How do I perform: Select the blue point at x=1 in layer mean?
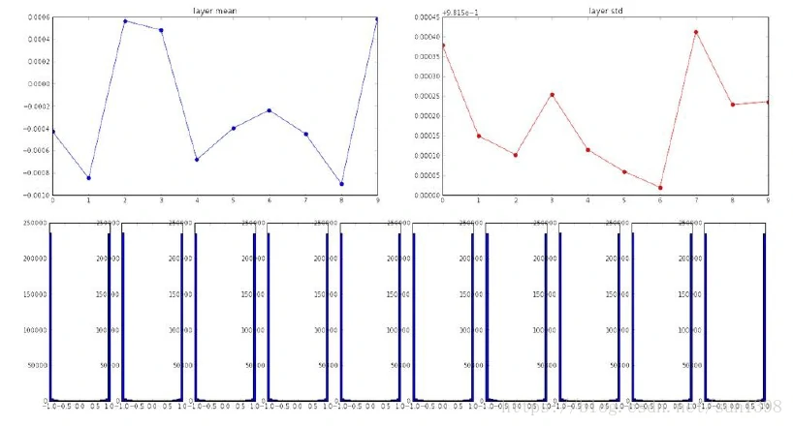(89, 178)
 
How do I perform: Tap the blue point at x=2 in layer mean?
(125, 21)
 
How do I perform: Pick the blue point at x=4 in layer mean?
(197, 160)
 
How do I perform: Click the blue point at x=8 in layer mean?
(341, 184)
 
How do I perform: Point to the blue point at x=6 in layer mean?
(269, 110)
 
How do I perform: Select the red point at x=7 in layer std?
(696, 32)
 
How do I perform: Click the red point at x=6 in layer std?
(660, 188)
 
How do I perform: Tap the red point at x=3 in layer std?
(552, 95)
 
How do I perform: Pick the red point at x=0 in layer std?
(443, 46)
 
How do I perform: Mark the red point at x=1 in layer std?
(479, 137)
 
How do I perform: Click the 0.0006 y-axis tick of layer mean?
(38, 17)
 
